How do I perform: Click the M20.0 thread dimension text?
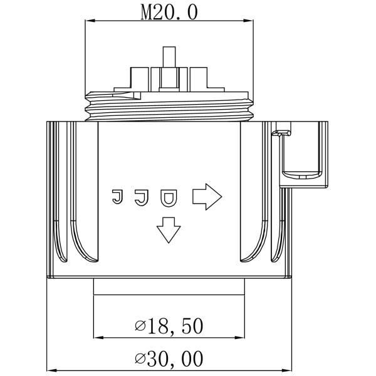coord(169,12)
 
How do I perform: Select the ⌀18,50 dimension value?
coord(169,326)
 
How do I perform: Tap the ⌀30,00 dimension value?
coord(169,359)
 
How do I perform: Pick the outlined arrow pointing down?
coord(168,229)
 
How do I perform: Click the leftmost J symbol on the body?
coord(117,197)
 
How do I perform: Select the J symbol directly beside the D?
coord(141,197)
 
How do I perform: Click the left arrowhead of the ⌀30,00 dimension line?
coord(52,370)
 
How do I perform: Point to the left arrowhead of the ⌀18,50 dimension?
coord(98,337)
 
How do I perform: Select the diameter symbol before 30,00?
coord(140,360)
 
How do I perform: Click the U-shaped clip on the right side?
coord(304,154)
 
